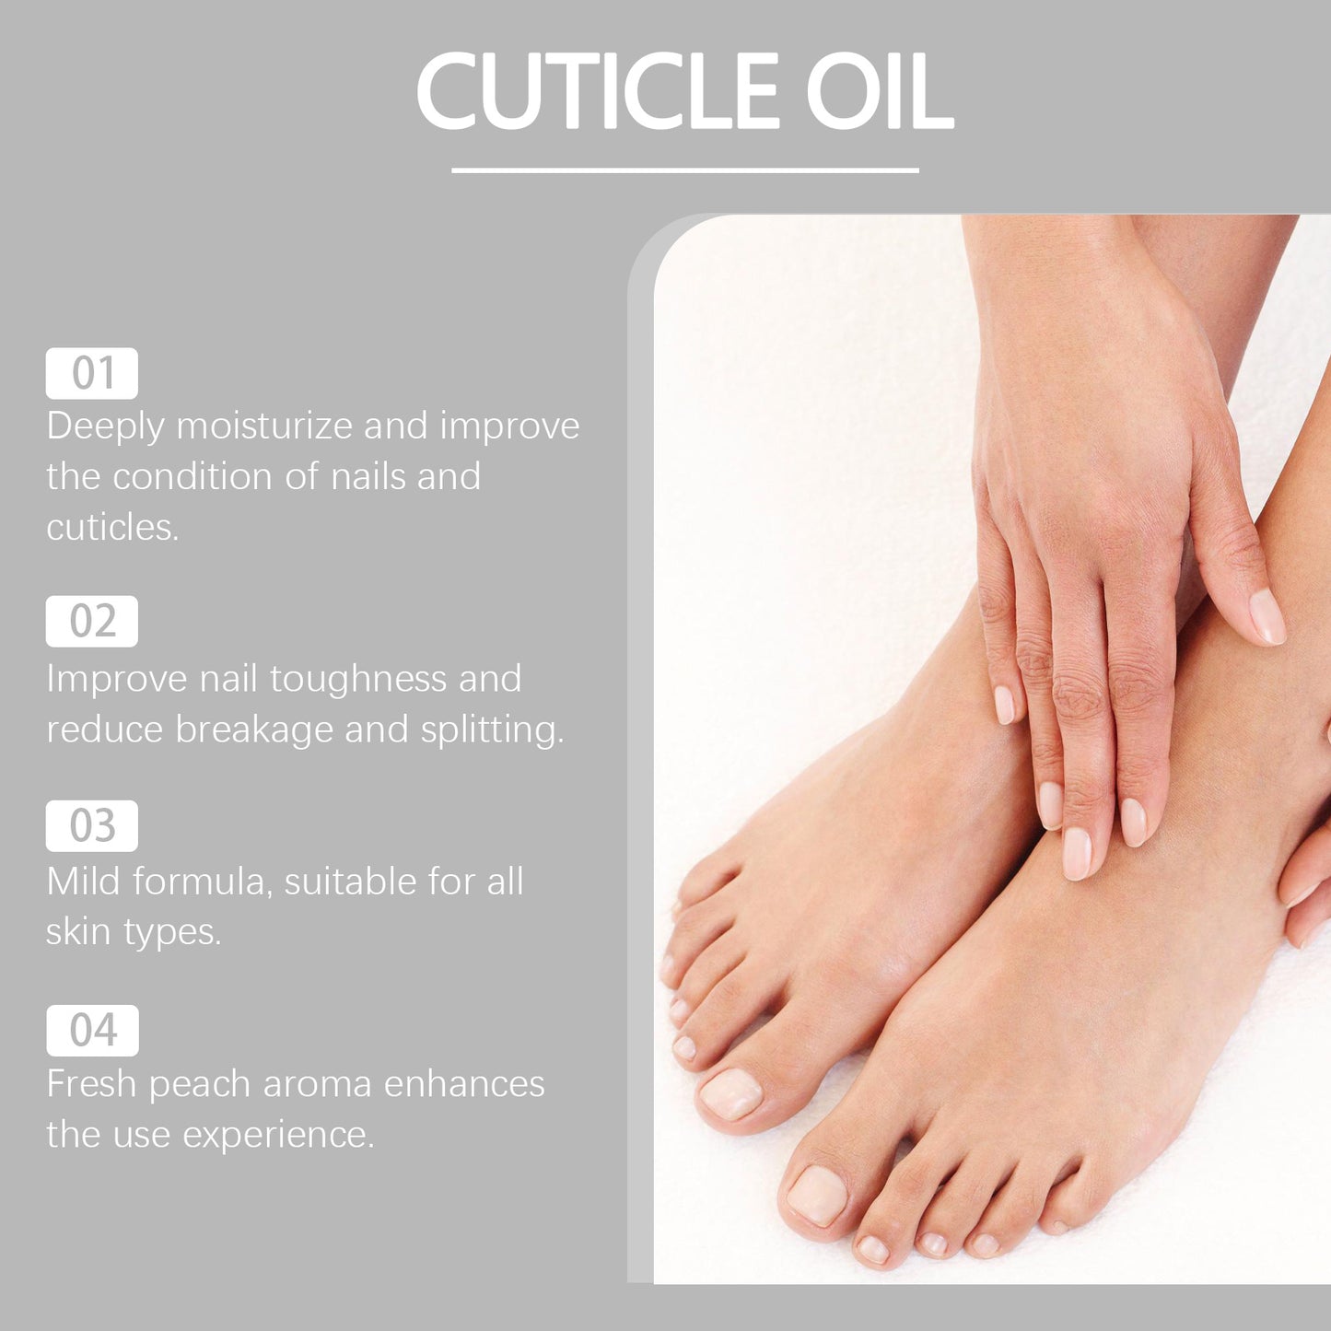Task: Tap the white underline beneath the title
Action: click(x=684, y=170)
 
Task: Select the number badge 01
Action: click(x=92, y=373)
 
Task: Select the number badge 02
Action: click(x=92, y=622)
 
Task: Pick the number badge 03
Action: click(x=92, y=825)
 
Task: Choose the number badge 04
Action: click(x=93, y=1030)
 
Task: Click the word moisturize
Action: click(x=264, y=426)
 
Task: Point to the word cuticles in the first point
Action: click(x=112, y=528)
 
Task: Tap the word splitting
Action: click(x=492, y=730)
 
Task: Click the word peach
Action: click(x=199, y=1085)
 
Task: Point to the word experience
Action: click(x=278, y=1136)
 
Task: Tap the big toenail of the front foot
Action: click(x=817, y=1195)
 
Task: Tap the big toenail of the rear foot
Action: click(x=731, y=1093)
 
